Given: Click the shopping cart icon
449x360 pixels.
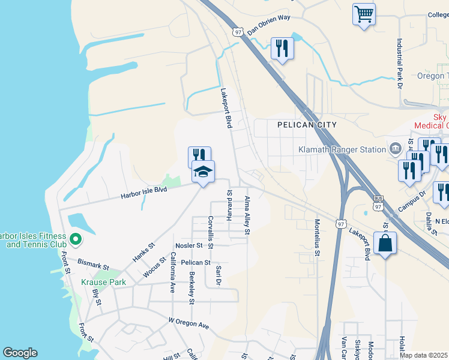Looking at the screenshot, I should [x=364, y=15].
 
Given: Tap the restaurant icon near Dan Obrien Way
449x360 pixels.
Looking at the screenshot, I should [x=282, y=49].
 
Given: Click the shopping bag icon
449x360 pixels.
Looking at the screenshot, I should [x=385, y=244].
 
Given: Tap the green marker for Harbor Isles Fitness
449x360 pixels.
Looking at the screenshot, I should [x=75, y=240].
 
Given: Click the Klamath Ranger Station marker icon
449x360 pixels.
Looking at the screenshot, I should [x=396, y=148].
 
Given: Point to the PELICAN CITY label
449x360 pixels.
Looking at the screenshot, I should [x=307, y=125].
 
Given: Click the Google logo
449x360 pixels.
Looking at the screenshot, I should [x=20, y=353].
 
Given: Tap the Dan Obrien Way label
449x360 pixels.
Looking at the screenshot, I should [x=268, y=26].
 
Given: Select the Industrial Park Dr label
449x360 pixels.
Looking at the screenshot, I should [x=399, y=64].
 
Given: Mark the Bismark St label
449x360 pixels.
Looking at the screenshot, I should [x=93, y=264].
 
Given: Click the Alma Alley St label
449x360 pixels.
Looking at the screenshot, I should [x=247, y=214].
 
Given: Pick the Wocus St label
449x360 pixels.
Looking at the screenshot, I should [x=154, y=268].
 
